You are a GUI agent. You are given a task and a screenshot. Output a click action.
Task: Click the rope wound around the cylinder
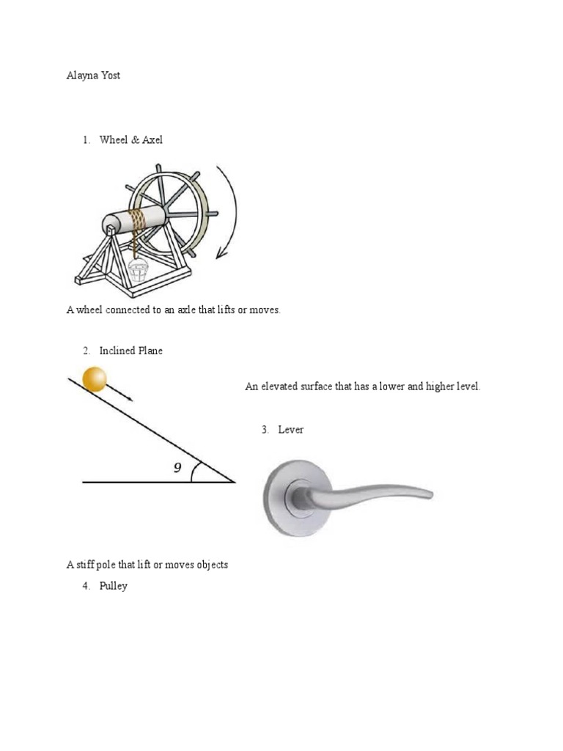136,219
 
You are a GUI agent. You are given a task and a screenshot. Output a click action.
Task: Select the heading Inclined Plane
131,351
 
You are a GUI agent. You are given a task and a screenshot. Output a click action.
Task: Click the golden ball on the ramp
95,378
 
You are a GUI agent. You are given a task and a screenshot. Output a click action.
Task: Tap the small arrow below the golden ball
121,392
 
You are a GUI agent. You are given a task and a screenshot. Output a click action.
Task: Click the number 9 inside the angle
177,468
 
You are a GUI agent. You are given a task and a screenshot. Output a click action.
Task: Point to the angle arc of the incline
194,472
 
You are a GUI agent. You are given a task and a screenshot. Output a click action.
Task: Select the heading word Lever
291,429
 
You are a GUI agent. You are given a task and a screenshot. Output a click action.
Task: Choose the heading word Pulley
114,586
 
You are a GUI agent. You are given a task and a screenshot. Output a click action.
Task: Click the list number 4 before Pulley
85,586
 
